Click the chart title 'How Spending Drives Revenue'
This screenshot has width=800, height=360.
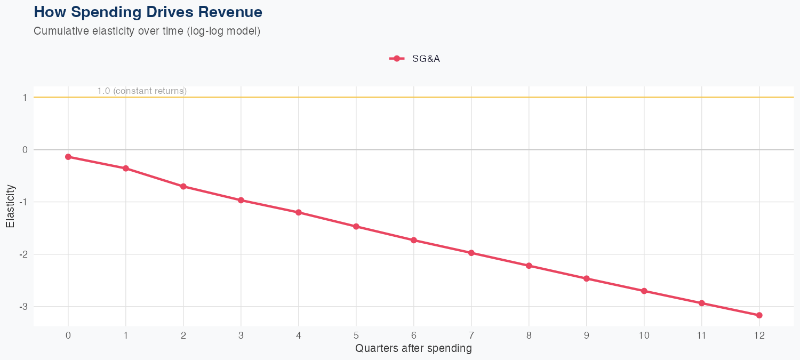(148, 11)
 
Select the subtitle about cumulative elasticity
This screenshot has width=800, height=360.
(147, 31)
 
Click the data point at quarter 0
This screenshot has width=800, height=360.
(68, 157)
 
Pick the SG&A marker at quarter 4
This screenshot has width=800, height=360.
(299, 212)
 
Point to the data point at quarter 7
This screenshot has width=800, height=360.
(471, 253)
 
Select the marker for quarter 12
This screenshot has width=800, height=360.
(759, 315)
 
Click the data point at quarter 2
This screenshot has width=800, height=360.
(183, 186)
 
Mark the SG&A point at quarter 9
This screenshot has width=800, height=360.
(587, 278)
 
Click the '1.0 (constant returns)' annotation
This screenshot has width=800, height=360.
(142, 91)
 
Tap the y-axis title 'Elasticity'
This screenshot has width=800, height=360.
(10, 206)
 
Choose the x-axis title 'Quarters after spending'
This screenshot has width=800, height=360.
(413, 349)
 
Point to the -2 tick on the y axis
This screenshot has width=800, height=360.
(23, 254)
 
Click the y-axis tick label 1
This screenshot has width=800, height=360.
(25, 98)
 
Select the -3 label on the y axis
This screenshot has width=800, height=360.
(23, 307)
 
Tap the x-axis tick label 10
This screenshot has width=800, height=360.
(644, 335)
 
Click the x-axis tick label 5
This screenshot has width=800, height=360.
(356, 335)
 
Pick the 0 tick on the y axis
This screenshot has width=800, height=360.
(25, 150)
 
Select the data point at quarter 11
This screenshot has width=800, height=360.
(702, 303)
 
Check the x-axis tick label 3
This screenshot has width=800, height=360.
(241, 335)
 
